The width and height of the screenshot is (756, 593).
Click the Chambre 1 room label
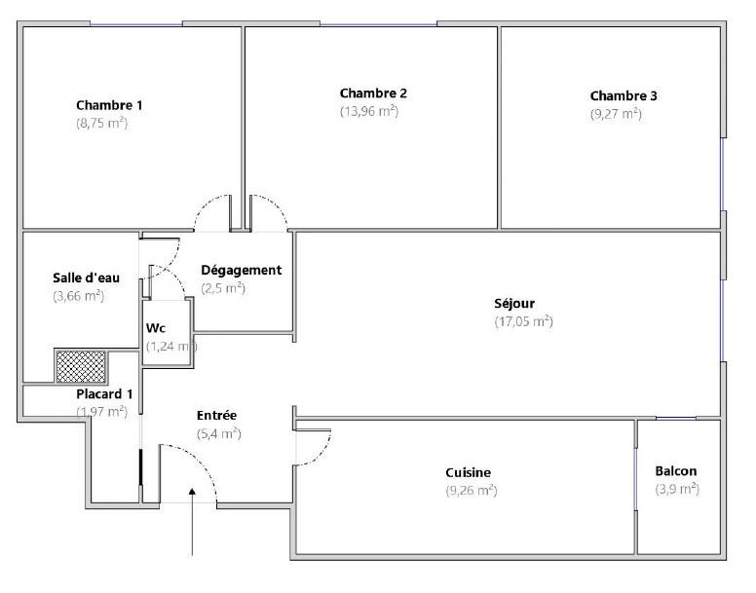(110, 105)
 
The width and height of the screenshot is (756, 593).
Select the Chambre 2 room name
(373, 93)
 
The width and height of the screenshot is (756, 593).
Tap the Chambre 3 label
(624, 95)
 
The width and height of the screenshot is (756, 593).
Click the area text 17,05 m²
(523, 321)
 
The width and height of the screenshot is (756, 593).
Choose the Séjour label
(514, 303)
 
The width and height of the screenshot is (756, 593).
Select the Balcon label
(676, 471)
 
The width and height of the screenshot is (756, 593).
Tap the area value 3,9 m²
(676, 489)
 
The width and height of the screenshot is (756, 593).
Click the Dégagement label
(241, 270)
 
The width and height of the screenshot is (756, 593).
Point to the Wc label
(156, 328)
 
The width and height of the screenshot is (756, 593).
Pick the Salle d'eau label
(86, 278)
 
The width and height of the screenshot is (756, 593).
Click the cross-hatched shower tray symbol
(80, 367)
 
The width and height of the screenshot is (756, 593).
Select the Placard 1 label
(104, 394)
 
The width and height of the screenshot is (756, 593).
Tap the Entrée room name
(216, 416)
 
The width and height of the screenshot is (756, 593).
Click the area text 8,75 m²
(102, 124)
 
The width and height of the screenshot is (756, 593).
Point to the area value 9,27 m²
(616, 113)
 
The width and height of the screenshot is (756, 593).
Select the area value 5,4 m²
(218, 433)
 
